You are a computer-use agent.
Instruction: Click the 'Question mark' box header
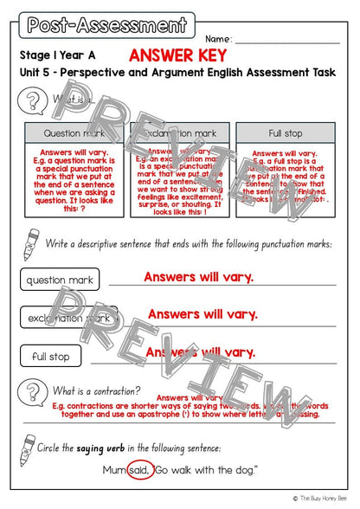74,134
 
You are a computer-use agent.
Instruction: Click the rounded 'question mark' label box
60,280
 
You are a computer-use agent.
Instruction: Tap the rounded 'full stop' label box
51,356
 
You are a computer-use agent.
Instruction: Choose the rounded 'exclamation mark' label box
68,318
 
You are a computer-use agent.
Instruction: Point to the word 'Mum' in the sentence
112,470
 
